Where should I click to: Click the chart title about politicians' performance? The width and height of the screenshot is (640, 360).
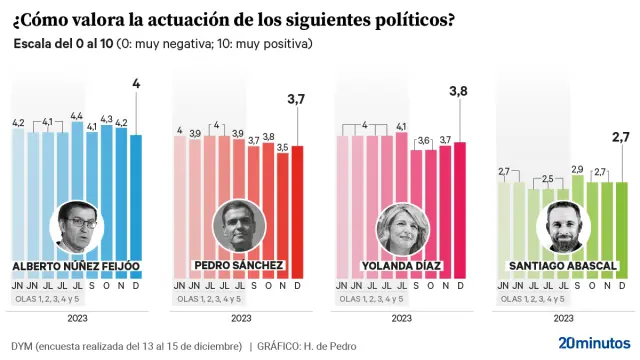coord(229,20)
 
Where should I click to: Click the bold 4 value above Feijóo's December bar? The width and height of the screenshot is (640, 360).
coord(136,84)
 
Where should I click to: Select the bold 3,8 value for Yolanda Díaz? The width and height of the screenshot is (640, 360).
coord(459,92)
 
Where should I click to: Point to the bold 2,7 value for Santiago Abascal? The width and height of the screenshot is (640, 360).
coord(620,136)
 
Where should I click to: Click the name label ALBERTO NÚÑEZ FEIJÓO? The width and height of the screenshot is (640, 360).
coord(76,266)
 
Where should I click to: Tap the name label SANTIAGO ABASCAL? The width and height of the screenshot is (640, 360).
coord(562,266)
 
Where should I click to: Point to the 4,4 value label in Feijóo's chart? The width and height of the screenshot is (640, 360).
coord(76,116)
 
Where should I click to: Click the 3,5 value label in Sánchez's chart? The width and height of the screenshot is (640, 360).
coord(283,147)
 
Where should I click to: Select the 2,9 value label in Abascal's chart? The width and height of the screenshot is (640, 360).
coord(577,169)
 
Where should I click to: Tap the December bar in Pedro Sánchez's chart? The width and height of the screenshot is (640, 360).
coord(297,210)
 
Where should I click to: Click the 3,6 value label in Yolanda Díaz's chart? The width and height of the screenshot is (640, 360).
coord(424,141)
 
